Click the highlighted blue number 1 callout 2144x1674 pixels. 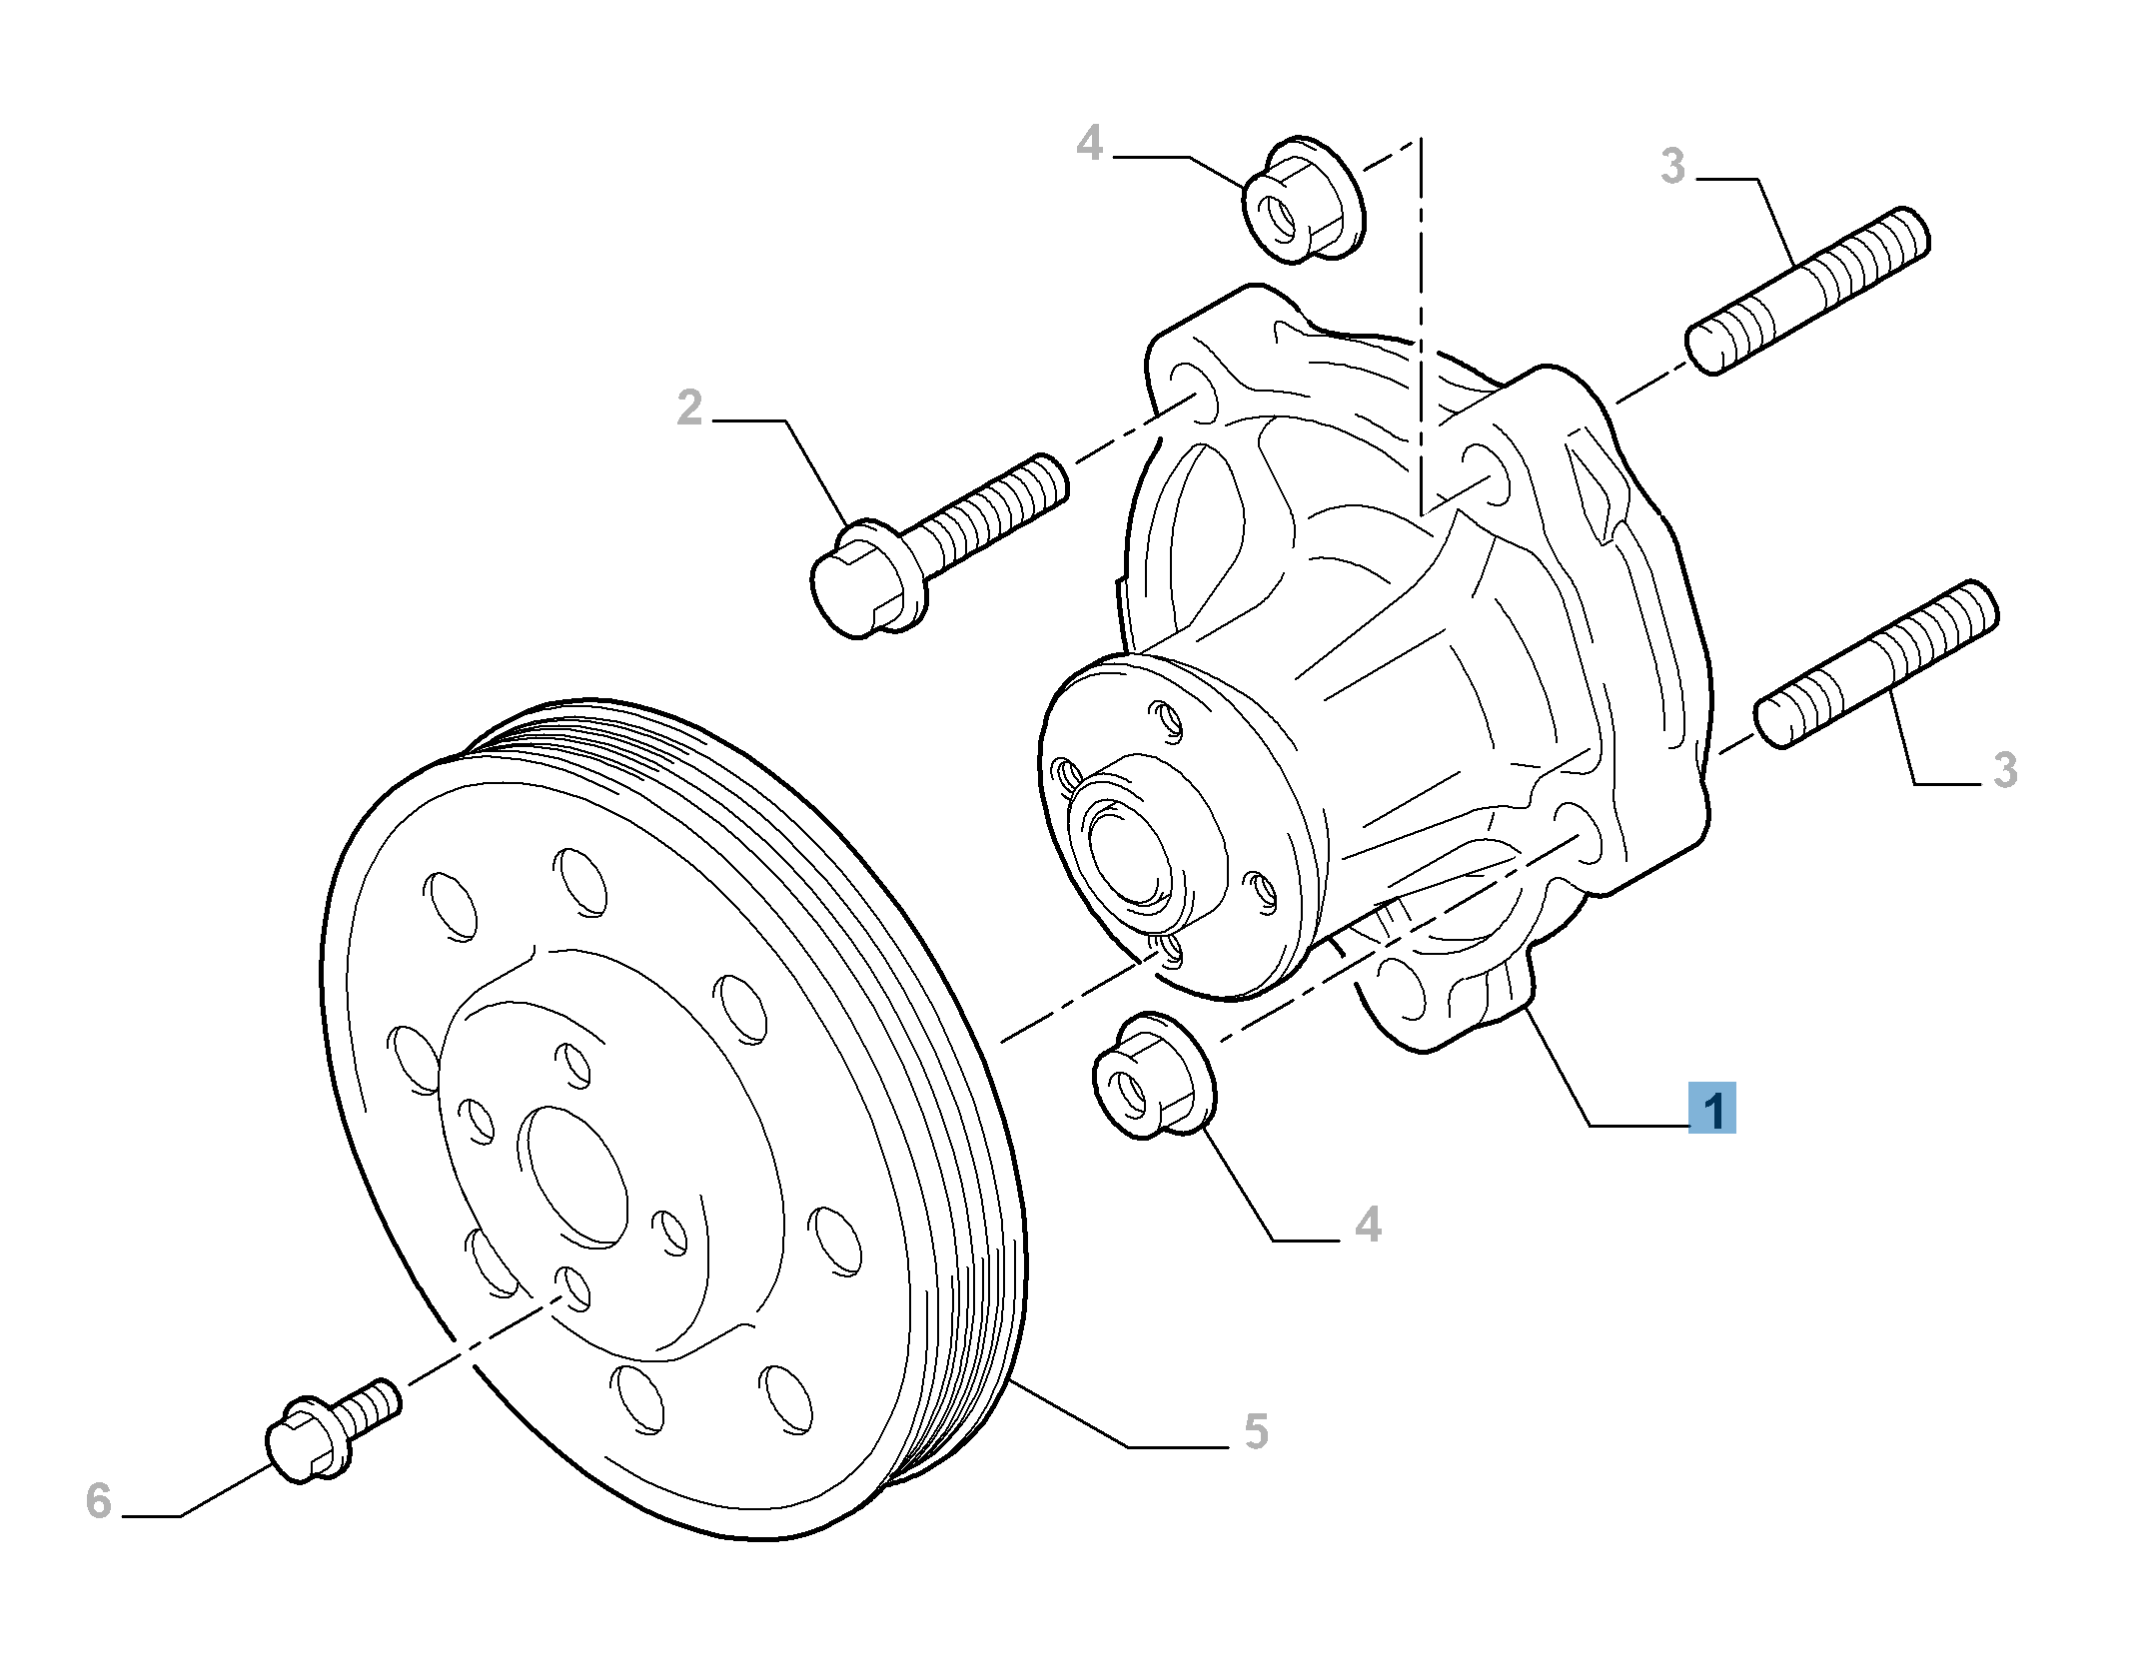tap(1711, 1108)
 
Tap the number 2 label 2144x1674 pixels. tap(689, 410)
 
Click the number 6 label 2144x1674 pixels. tap(98, 1500)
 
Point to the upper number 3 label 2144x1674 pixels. tap(1672, 166)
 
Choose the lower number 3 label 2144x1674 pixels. tap(2004, 770)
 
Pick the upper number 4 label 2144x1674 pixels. tap(1089, 145)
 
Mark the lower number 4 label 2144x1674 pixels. tap(1368, 1224)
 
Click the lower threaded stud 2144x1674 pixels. tap(1876, 662)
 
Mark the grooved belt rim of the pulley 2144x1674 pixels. tap(959, 1099)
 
